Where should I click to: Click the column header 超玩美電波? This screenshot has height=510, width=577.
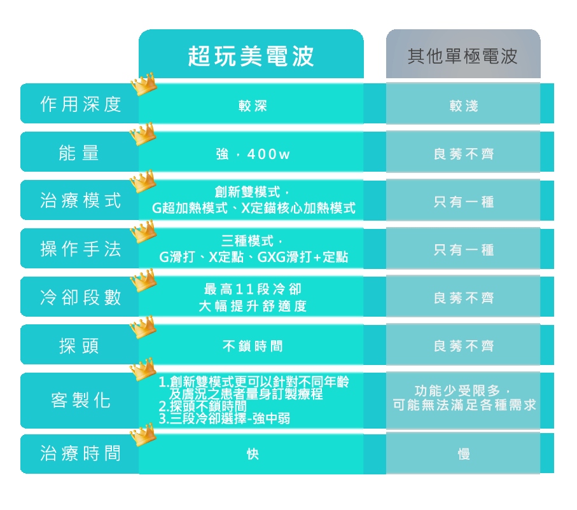(251, 57)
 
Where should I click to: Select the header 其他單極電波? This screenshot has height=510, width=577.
(462, 57)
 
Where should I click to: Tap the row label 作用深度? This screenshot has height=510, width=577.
(81, 104)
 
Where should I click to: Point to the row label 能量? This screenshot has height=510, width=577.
(79, 153)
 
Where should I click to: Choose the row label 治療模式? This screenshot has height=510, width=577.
(81, 200)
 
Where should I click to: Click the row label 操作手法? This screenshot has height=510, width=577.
(81, 249)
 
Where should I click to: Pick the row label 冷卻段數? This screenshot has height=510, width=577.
(81, 297)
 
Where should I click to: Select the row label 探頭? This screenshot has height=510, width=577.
(79, 345)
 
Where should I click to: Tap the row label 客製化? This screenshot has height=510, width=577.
(81, 400)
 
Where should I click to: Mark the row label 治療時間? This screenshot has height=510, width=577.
(81, 453)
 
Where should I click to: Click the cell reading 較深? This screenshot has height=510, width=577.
(253, 106)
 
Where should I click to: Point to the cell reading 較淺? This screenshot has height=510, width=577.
(464, 106)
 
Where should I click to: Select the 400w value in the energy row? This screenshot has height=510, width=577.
(268, 154)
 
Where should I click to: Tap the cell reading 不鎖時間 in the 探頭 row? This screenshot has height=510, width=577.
(253, 346)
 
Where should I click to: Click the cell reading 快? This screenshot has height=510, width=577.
(253, 454)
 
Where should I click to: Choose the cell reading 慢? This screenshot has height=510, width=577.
(464, 454)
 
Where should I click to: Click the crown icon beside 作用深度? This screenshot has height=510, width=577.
(144, 84)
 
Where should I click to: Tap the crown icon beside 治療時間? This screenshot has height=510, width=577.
(143, 434)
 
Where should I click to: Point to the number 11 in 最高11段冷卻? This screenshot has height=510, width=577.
(244, 289)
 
